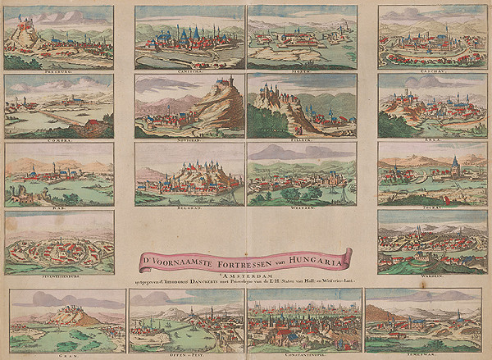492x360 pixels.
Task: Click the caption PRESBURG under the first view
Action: (x=58, y=72)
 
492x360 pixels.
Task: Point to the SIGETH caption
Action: (x=301, y=72)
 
